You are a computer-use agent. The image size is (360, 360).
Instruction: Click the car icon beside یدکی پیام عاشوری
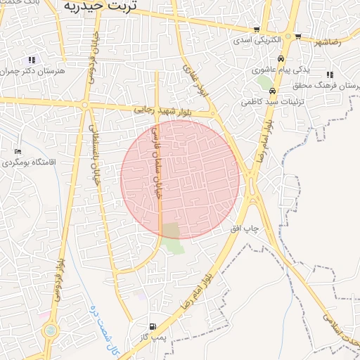281,59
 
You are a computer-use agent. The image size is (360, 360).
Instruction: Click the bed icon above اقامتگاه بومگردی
18,151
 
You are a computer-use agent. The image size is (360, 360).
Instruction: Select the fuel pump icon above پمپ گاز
153,326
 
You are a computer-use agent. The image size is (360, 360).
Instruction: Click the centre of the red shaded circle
180,179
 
